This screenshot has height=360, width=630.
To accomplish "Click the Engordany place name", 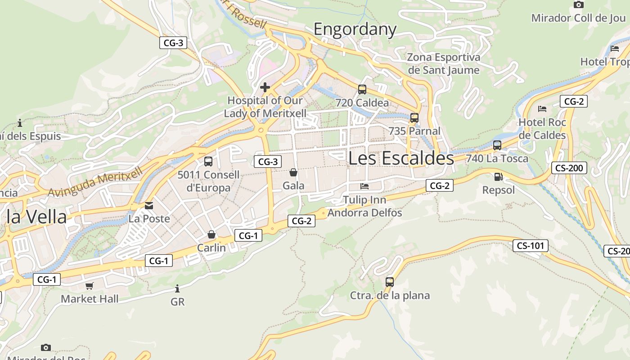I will tap(355, 30).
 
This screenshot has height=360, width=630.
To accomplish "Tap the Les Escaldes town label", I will tap(401, 158).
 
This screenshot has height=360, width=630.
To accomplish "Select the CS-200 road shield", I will tap(569, 168).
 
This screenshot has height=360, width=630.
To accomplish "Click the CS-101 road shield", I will tap(531, 246).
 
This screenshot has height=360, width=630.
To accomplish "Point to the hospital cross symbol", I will tap(265, 87).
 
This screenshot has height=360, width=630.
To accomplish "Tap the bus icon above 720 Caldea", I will tap(362, 89).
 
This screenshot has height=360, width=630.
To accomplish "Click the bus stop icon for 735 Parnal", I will tap(414, 118).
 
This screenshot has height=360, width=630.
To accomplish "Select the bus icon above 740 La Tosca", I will tap(497, 145).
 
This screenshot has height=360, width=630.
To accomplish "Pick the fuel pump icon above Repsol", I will tap(498, 177).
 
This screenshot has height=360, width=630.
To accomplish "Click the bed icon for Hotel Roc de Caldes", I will tap(542, 109).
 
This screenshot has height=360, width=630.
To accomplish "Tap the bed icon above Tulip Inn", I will tap(364, 186).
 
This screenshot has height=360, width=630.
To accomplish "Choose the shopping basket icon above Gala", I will tap(293, 172).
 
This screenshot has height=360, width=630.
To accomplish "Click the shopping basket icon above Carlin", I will tap(211, 234).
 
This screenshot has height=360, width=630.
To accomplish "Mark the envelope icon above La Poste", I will tap(149, 206).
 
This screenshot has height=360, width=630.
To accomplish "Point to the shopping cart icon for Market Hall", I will tap(90, 286).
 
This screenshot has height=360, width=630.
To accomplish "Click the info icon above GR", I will tap(177, 288).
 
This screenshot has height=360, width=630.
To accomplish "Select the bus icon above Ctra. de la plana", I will tap(390, 282).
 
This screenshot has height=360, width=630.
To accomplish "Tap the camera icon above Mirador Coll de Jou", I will tap(579, 4).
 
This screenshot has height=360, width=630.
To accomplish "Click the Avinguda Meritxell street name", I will tap(95, 181).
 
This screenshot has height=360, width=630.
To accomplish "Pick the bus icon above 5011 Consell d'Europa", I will tap(208, 162).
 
